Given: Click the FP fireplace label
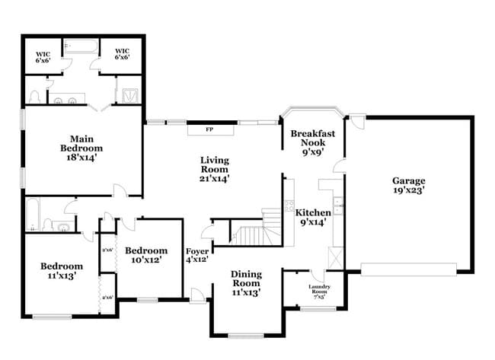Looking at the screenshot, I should [x=209, y=130].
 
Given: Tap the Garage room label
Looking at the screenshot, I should [x=408, y=186].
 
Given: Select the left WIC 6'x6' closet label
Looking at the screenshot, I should [x=43, y=56].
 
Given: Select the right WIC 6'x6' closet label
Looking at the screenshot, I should [x=122, y=54].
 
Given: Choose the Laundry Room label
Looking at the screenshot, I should [x=318, y=290].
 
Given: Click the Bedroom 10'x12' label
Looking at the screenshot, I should [x=145, y=256].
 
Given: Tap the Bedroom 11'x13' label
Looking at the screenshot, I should [x=62, y=271].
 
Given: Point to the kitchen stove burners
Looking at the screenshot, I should [x=289, y=204].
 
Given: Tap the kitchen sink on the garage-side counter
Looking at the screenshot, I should [x=338, y=204].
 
